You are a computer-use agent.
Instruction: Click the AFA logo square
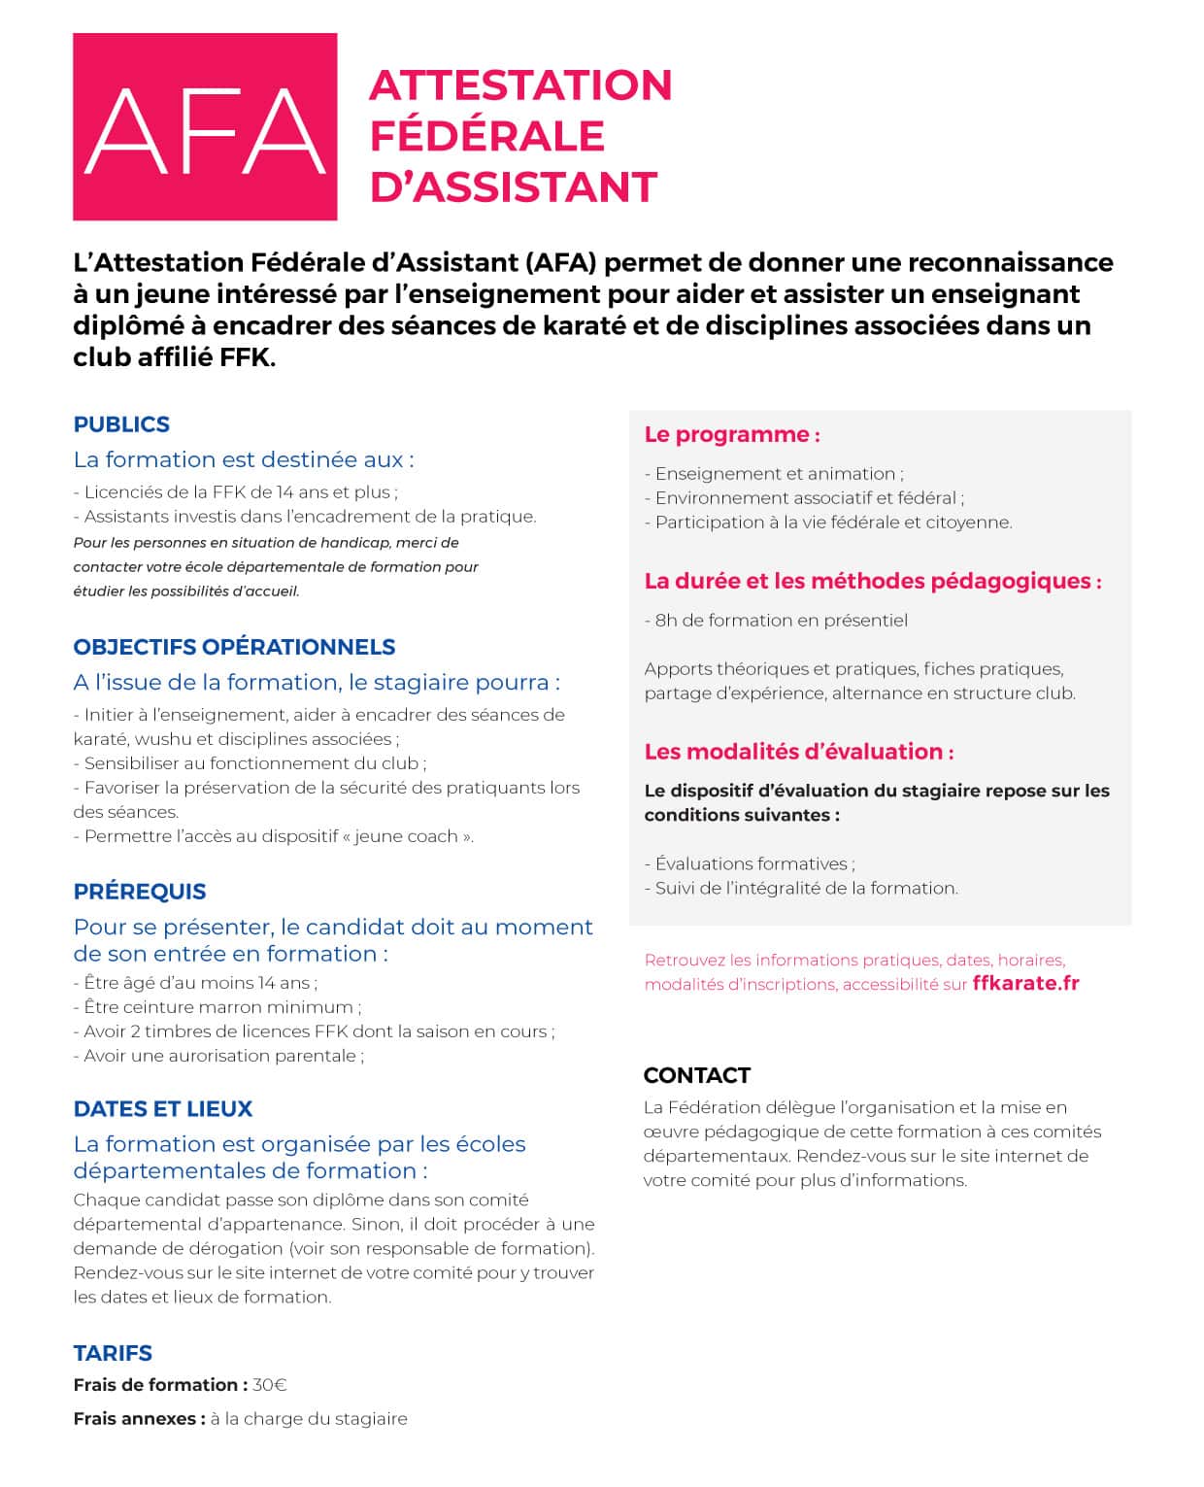click(x=205, y=126)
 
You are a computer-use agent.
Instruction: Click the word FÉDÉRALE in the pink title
click(x=486, y=135)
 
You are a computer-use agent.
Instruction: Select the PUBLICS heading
click(x=121, y=424)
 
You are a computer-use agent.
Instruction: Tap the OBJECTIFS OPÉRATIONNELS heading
click(x=234, y=647)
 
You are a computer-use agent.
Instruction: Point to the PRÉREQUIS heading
click(x=140, y=892)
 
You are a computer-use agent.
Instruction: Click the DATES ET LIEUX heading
click(x=163, y=1109)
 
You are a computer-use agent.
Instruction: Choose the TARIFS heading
click(x=113, y=1353)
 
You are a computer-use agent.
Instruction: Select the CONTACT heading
click(x=696, y=1075)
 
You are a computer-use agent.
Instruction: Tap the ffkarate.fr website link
click(x=1025, y=983)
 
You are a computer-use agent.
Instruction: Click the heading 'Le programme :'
click(x=732, y=434)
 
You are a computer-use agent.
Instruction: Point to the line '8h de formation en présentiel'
click(x=781, y=621)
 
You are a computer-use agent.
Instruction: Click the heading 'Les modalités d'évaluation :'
click(x=798, y=752)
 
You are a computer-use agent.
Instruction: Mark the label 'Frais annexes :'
click(x=139, y=1419)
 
